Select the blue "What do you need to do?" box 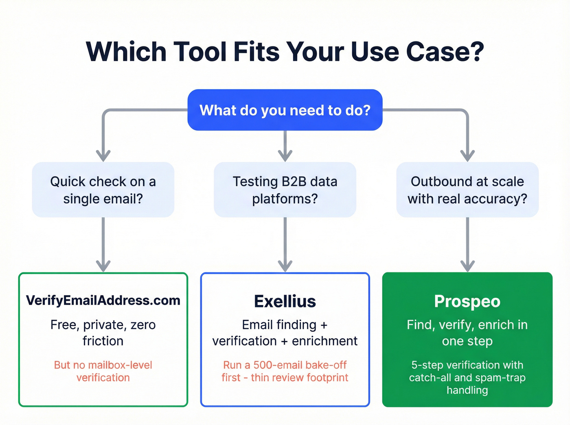tap(285, 110)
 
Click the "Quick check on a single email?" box tap(103, 190)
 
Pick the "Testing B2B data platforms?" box tap(285, 190)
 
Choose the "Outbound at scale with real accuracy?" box tap(467, 190)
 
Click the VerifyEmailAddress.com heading tap(103, 301)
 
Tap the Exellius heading tap(285, 301)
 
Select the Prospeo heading tap(467, 301)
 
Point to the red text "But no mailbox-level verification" tap(103, 371)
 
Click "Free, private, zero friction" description tap(103, 333)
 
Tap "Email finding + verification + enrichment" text tap(285, 333)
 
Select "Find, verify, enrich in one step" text tap(467, 333)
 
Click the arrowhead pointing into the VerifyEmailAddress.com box tap(103, 266)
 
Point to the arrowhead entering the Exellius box tap(285, 266)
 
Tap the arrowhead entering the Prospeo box tap(467, 266)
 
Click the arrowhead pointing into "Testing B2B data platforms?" tap(285, 156)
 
